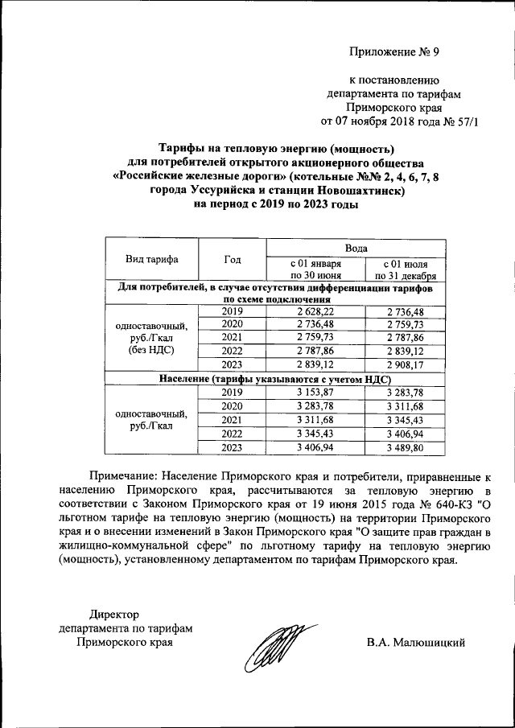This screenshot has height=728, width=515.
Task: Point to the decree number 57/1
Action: point(463,122)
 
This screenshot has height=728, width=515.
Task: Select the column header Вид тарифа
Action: point(151,259)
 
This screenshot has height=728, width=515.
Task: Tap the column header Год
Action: point(233,259)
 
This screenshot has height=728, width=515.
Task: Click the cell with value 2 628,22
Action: point(315,311)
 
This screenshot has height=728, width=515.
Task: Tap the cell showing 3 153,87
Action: point(315,393)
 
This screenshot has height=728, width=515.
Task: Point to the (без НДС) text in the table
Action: point(151,352)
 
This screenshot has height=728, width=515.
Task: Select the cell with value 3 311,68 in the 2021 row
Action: point(315,420)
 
